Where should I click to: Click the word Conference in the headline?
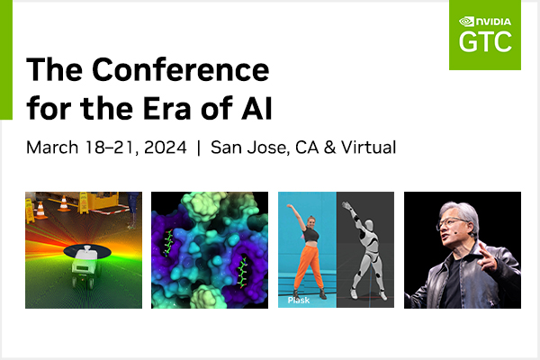point(181,69)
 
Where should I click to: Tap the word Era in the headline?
point(166,109)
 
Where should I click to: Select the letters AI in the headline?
point(256,109)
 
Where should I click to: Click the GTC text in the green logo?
point(485,41)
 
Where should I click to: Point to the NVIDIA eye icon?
point(466,22)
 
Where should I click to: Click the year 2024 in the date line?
point(166,148)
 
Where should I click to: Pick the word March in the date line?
point(52,148)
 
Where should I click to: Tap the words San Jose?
point(248,148)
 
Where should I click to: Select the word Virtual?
point(368,148)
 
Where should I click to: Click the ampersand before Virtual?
point(329,148)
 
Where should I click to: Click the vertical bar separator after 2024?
point(199,148)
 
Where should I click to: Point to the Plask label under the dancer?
point(299,300)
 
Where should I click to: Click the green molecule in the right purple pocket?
point(243,273)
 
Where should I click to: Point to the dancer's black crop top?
point(310,234)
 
